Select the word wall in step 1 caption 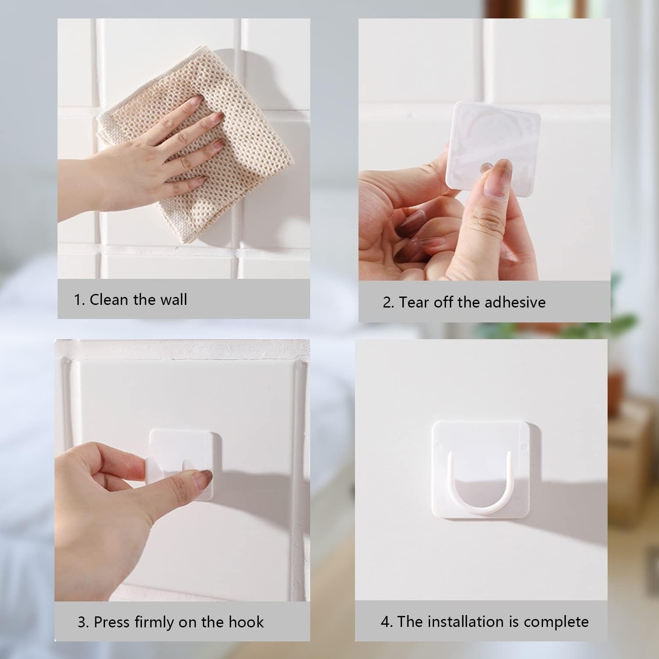pyautogui.click(x=173, y=300)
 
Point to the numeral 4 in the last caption pyautogui.click(x=385, y=622)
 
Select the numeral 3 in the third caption pyautogui.click(x=82, y=623)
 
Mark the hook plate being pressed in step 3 pyautogui.click(x=185, y=463)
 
